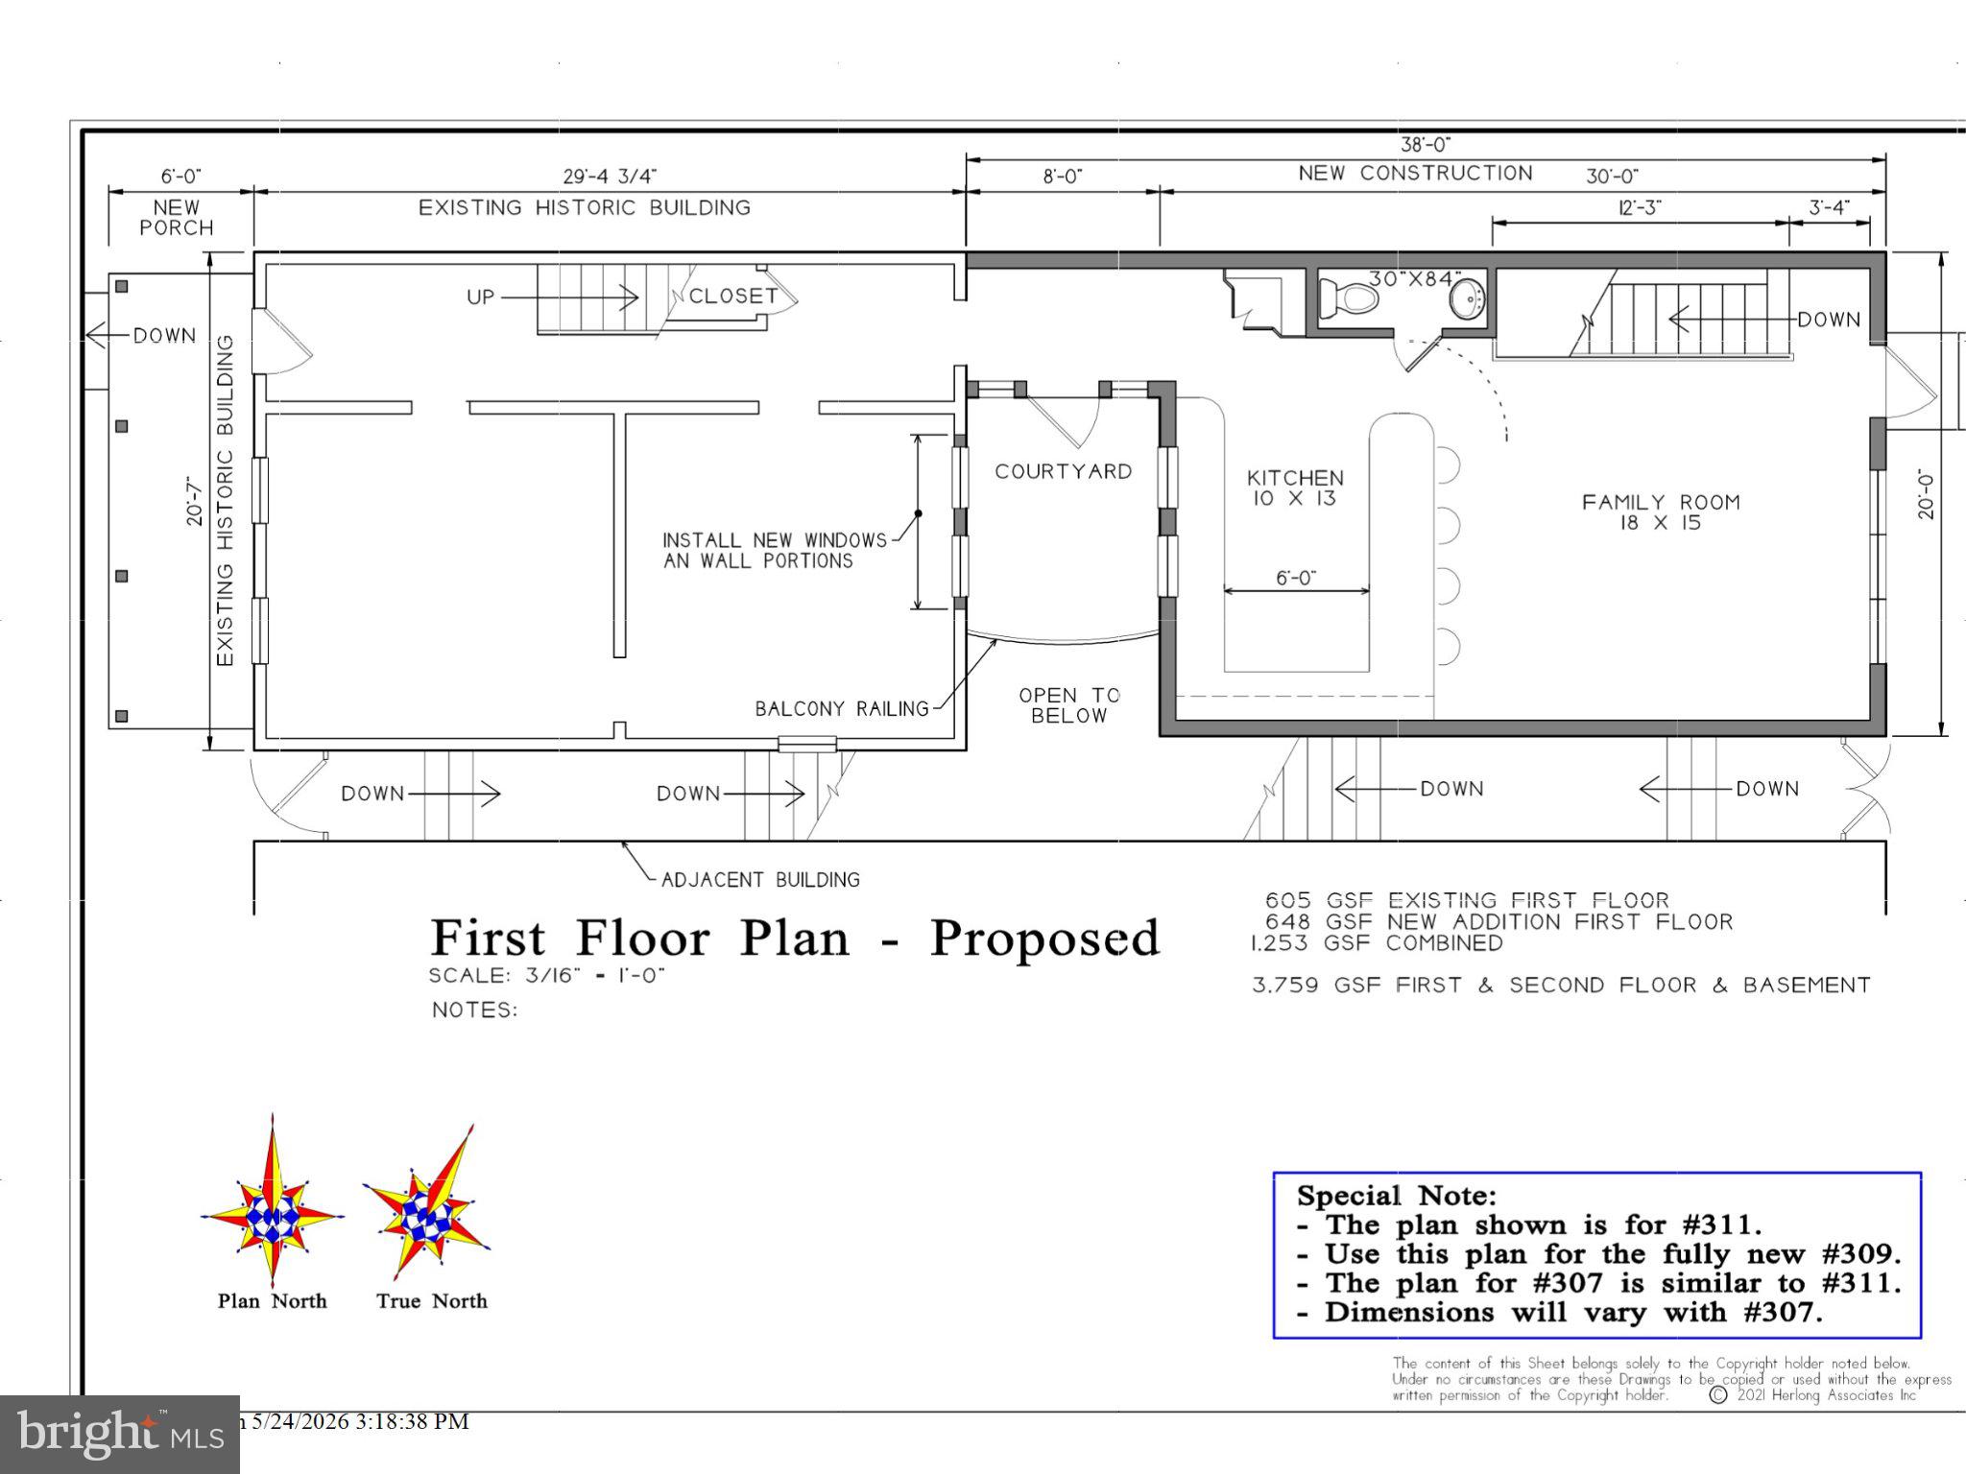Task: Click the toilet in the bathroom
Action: point(1349,297)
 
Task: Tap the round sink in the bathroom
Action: point(1467,298)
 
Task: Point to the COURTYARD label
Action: point(1064,471)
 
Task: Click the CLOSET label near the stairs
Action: point(733,296)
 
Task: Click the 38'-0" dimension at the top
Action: point(1426,145)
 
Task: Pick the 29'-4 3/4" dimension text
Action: point(610,177)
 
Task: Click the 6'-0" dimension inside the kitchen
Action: point(1296,578)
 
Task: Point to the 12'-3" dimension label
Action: point(1640,207)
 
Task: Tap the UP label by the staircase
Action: point(481,297)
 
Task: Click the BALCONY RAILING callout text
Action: point(842,709)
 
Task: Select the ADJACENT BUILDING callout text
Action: point(761,879)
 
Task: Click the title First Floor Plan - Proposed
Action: point(795,938)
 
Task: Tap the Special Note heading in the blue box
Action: point(1397,1196)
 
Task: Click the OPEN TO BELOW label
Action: point(1069,705)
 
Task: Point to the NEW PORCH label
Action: point(177,218)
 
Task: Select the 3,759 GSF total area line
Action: point(1562,986)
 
